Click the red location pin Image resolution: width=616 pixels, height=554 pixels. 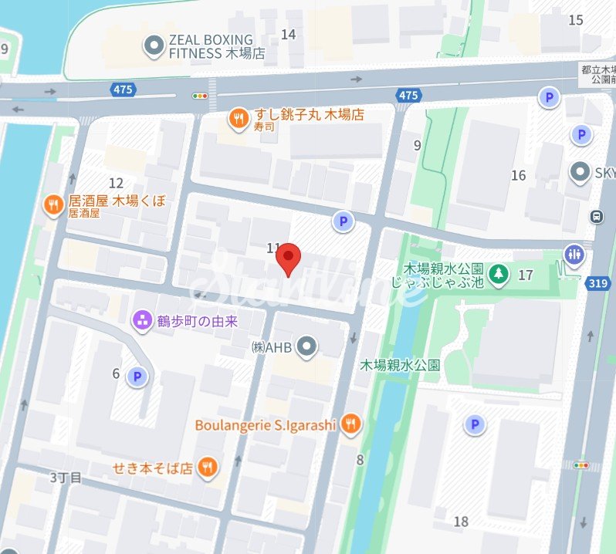289,258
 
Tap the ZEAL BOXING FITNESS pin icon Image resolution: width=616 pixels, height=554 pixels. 154,46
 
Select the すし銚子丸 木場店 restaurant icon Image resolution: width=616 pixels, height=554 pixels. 239,118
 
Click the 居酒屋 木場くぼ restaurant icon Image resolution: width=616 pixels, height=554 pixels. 52,204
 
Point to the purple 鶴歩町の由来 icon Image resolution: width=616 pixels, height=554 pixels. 141,319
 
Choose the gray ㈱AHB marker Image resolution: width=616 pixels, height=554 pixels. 307,347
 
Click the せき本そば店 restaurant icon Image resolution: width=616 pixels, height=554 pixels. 207,466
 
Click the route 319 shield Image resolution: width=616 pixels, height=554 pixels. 597,283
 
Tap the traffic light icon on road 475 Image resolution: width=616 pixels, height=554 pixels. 201,96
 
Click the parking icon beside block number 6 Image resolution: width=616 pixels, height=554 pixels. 137,376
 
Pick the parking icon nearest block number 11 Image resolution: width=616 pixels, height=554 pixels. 343,222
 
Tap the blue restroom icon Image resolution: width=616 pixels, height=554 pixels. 574,254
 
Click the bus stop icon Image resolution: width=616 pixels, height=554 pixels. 596,217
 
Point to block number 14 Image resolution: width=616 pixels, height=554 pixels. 289,34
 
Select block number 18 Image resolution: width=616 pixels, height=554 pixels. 461,522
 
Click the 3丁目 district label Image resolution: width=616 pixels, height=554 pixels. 66,477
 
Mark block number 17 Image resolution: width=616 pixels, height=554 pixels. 526,275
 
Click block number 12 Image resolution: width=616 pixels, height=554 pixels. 117,183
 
